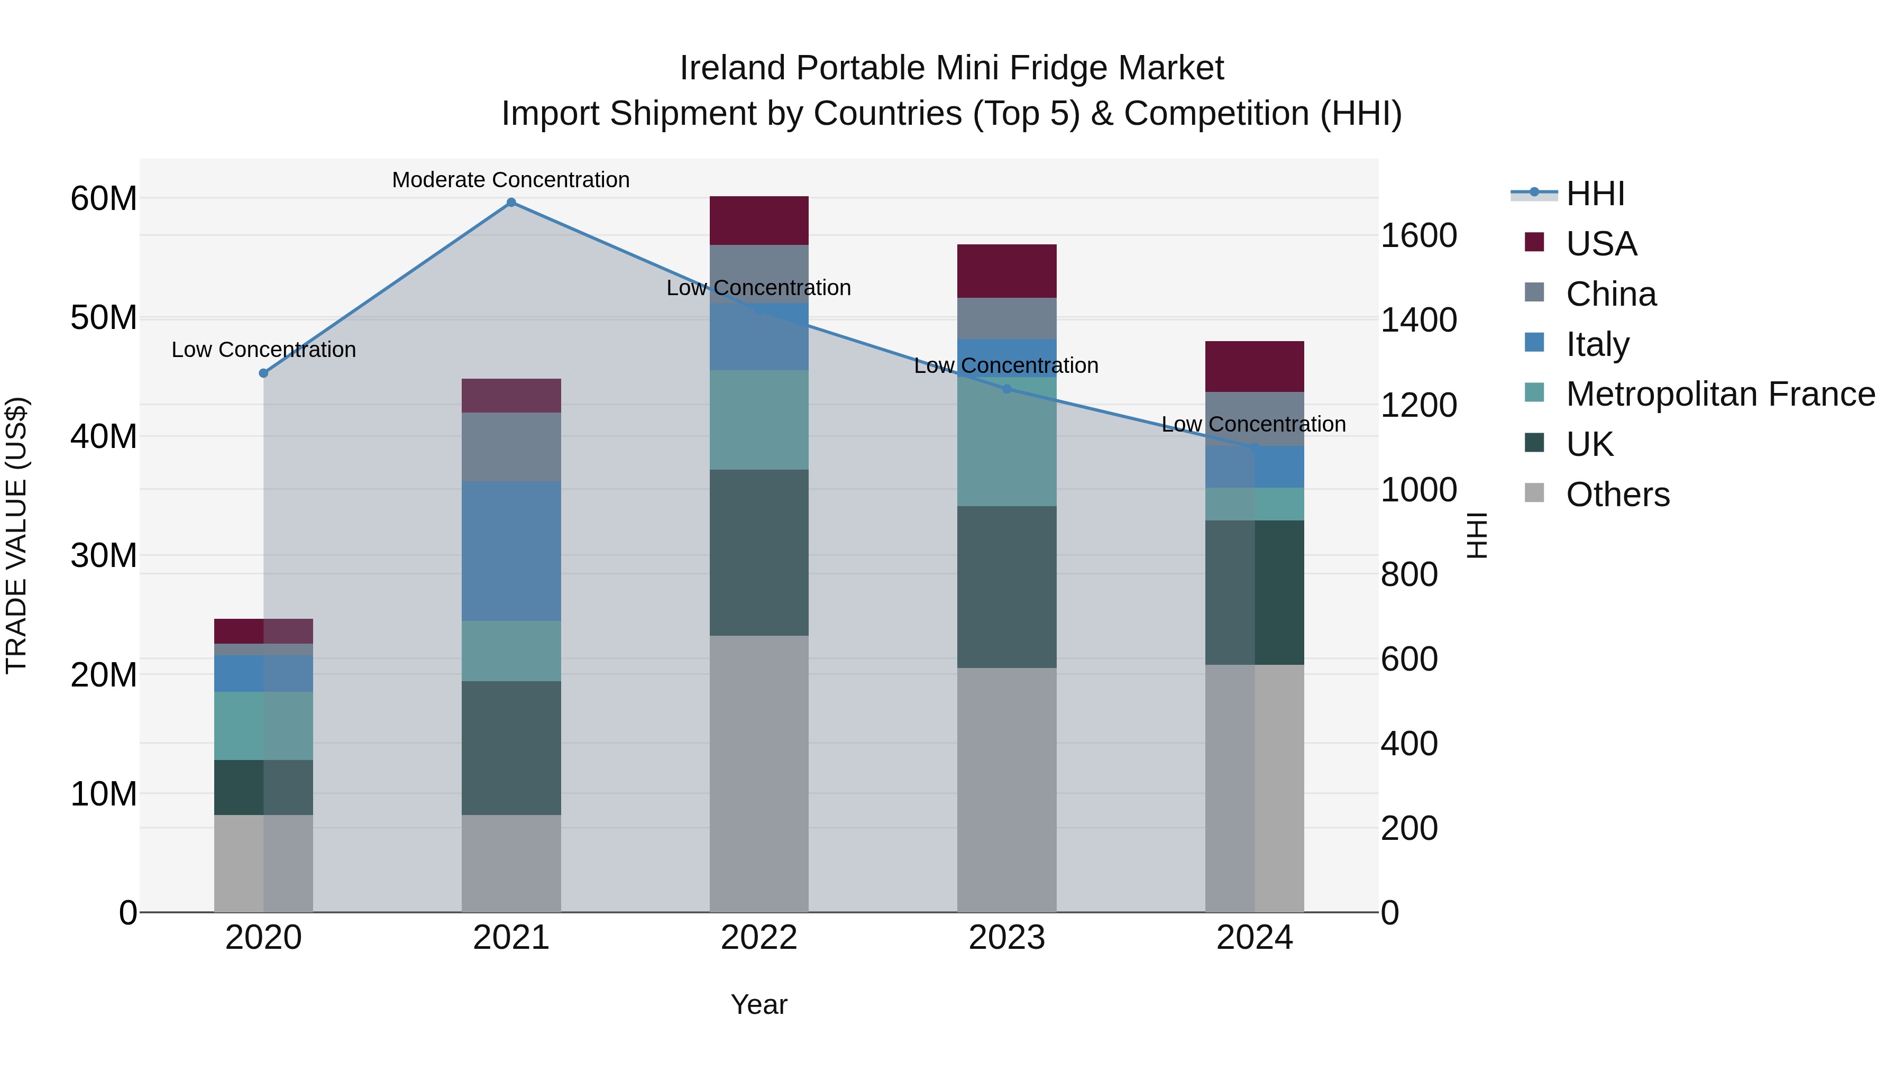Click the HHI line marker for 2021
(511, 203)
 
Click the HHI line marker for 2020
(263, 373)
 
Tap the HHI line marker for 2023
(1006, 389)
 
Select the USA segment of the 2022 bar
(759, 220)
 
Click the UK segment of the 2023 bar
(1006, 587)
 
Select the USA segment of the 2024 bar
(1255, 367)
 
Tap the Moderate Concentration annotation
(511, 180)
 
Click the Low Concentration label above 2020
(263, 350)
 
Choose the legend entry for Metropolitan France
(1720, 394)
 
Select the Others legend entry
(1617, 495)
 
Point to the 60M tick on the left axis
(104, 198)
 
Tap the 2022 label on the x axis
(759, 938)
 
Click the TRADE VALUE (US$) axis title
(16, 535)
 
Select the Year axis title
(759, 1004)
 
